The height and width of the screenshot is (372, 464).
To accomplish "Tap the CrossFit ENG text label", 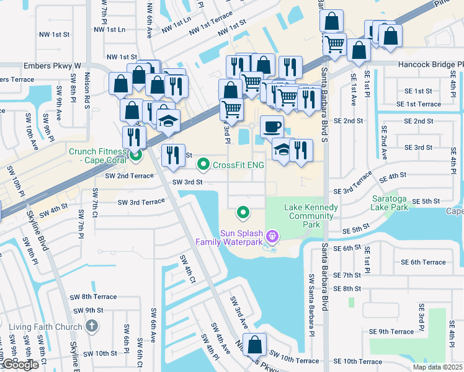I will (238, 165).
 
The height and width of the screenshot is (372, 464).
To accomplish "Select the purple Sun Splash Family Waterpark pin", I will (270, 236).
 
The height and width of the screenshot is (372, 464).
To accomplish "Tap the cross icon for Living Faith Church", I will (91, 325).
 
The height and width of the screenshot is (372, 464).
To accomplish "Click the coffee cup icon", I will (272, 127).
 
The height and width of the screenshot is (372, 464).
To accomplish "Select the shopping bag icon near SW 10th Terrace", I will (254, 344).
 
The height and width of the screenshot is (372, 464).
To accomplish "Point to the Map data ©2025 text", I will (437, 367).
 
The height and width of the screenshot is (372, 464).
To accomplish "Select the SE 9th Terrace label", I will (391, 332).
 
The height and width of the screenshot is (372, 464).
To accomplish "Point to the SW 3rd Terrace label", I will (141, 202).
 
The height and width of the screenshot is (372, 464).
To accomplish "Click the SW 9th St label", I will (86, 310).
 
